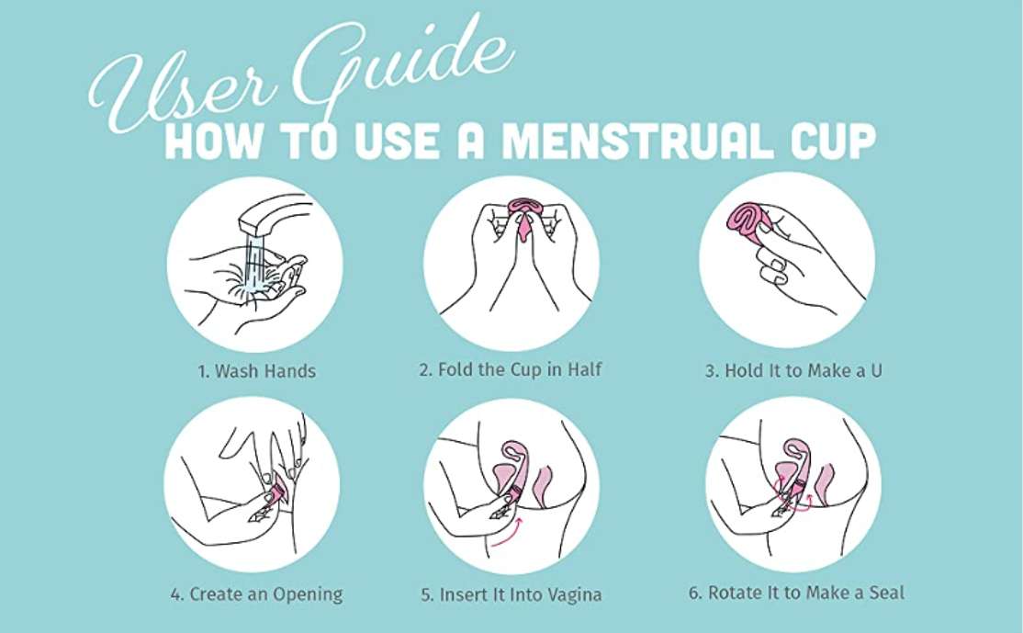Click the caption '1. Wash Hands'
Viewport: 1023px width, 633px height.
256,371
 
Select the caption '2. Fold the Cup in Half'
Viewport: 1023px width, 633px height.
511,370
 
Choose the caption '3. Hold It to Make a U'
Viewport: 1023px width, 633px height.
793,370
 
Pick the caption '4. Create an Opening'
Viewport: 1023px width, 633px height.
256,594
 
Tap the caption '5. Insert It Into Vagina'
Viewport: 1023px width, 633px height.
511,594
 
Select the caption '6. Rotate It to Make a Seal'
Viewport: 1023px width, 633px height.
796,593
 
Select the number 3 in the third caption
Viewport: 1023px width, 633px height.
711,371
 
